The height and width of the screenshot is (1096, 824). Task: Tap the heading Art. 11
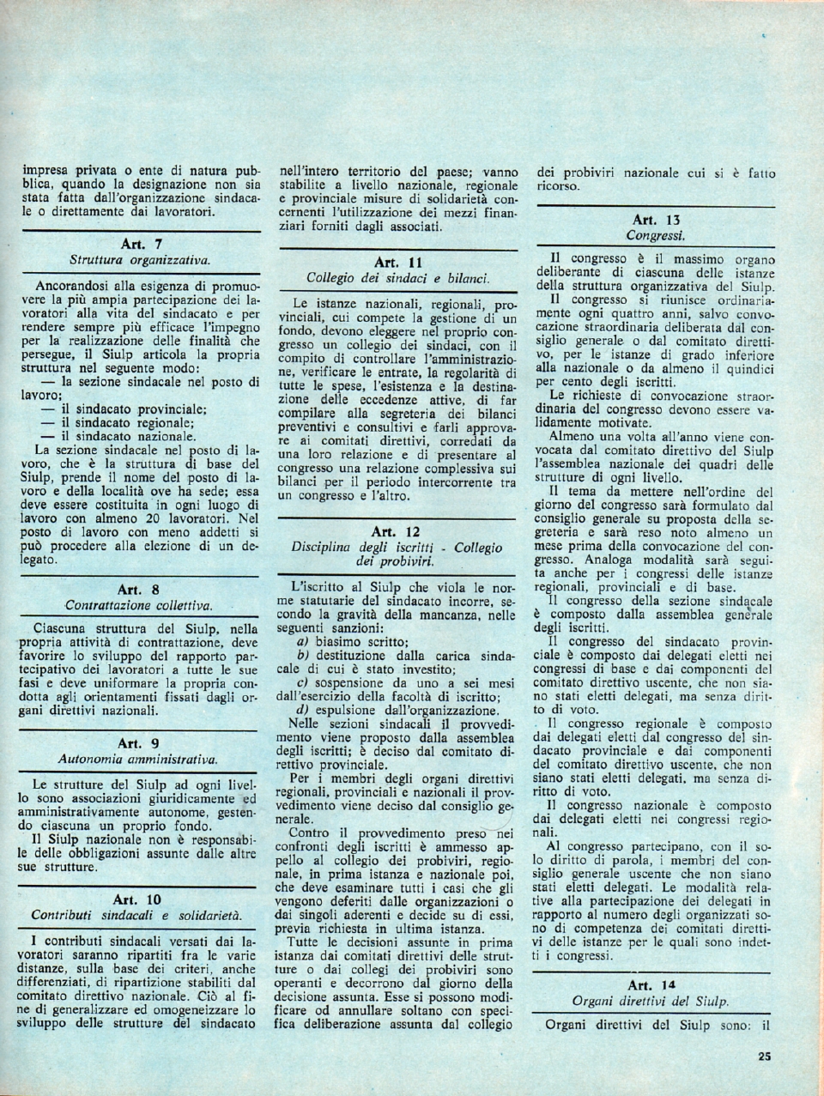point(397,262)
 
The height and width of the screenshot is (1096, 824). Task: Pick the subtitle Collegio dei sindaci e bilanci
point(398,277)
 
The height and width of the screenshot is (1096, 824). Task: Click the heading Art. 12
point(397,532)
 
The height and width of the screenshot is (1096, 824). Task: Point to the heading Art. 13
point(656,219)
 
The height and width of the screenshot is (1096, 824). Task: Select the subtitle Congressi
point(656,234)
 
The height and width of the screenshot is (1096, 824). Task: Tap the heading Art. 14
point(656,984)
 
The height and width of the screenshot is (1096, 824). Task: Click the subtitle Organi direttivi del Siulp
point(656,1001)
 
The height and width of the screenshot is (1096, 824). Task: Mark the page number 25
point(765,1057)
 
